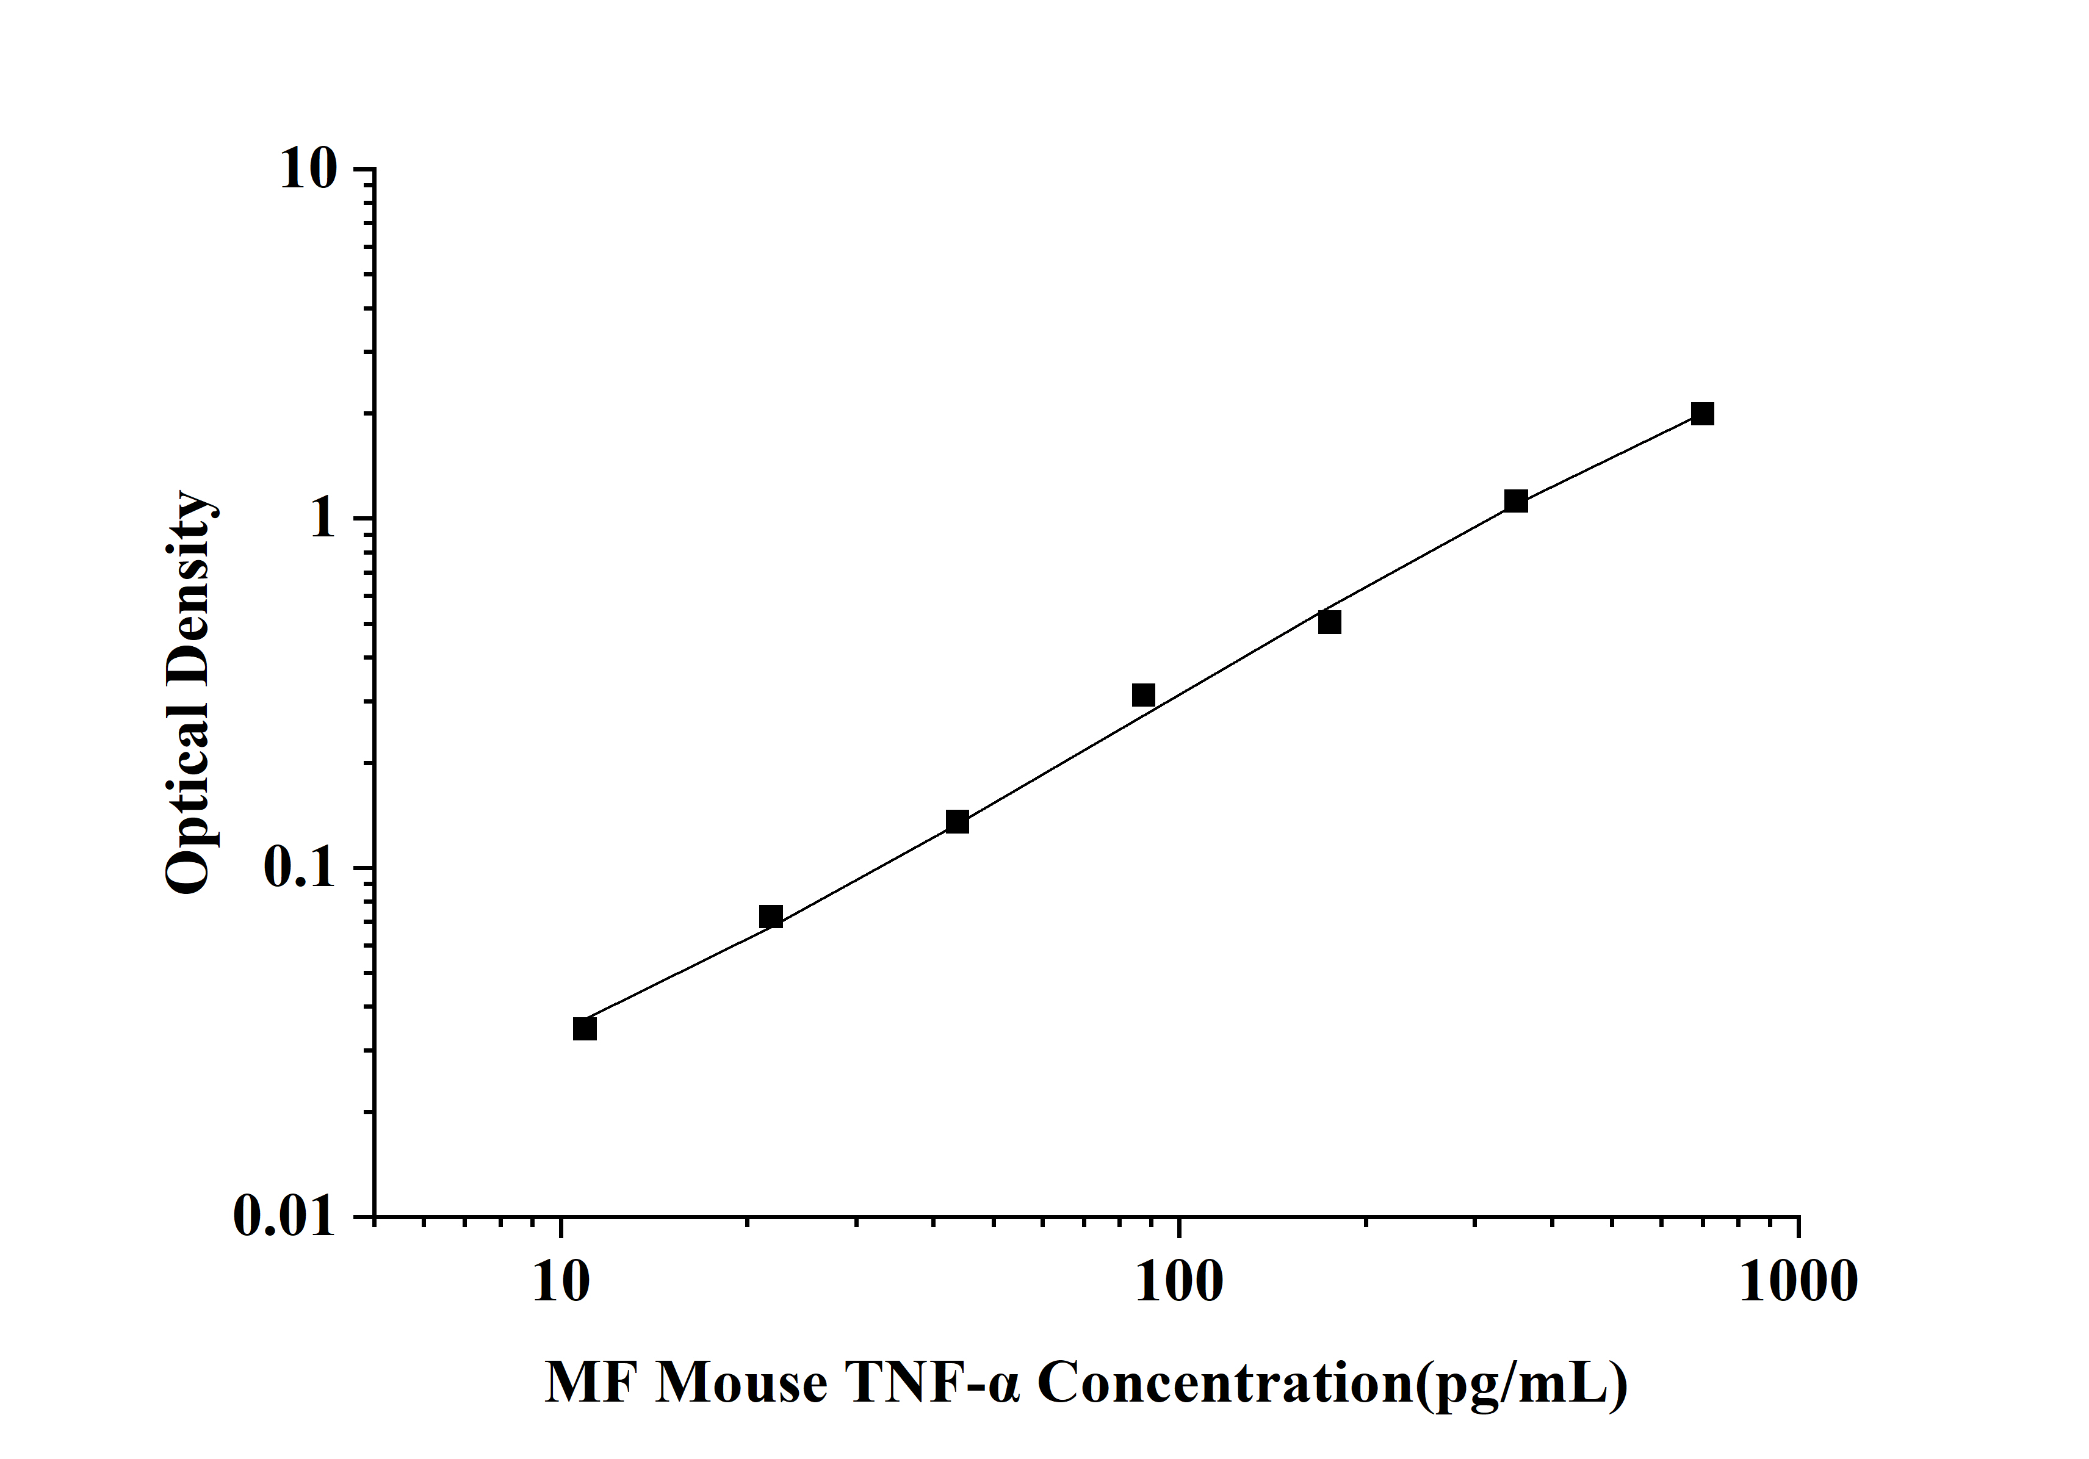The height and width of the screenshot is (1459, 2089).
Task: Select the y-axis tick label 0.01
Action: [284, 1216]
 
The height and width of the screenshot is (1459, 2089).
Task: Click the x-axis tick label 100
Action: [1179, 1283]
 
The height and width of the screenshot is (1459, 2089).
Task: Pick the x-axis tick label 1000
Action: [1798, 1283]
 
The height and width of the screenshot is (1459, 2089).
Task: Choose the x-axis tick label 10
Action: [560, 1283]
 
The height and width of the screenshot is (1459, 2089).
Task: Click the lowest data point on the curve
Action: [585, 1029]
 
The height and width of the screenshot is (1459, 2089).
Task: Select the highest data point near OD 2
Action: [1702, 414]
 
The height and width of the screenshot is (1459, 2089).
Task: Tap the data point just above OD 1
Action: [1516, 501]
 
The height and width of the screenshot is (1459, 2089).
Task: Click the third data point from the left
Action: [957, 823]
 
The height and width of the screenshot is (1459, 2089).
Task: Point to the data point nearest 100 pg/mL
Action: [1144, 696]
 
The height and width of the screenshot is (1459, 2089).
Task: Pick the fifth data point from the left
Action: [1329, 622]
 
